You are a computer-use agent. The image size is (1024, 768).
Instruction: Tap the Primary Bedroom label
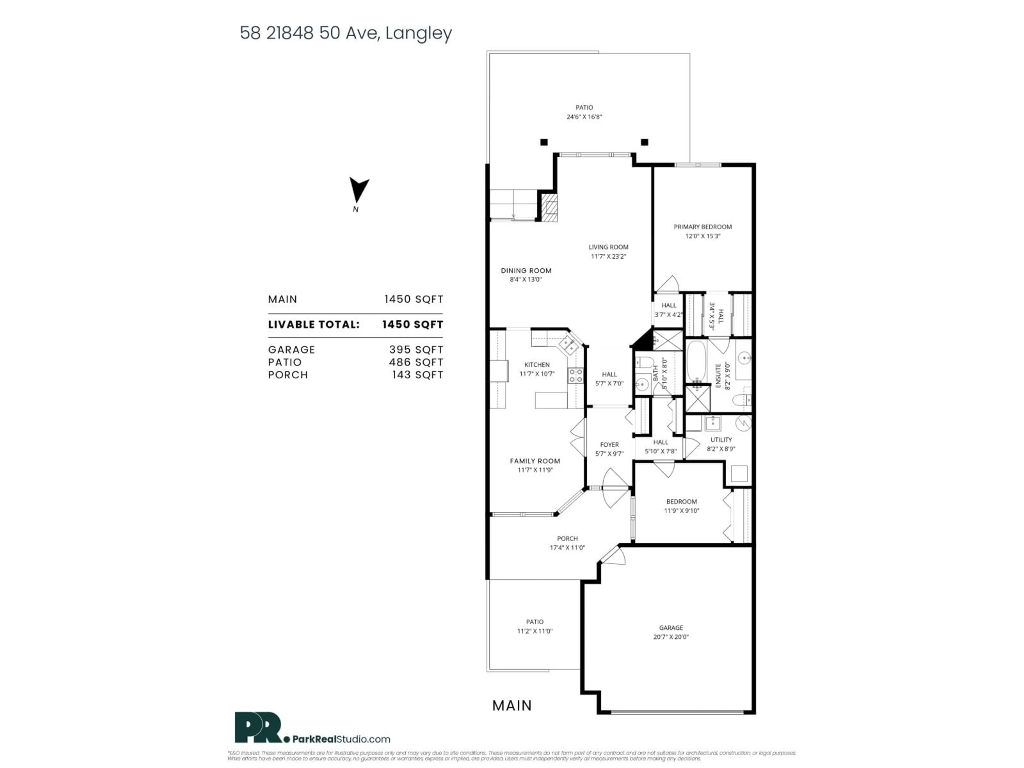pos(702,227)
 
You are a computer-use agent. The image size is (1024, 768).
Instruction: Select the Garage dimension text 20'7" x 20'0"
pos(671,637)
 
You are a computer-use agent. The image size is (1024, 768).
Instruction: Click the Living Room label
pos(608,247)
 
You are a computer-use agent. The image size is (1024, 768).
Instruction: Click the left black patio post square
pos(544,142)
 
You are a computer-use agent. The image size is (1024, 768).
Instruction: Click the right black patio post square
pos(644,142)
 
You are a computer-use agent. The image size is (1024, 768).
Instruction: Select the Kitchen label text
pos(537,365)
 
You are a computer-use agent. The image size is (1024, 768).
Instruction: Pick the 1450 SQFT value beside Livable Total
pos(413,325)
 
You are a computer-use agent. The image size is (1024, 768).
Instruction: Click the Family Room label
pos(535,461)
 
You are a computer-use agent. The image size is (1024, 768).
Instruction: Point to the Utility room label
pos(721,440)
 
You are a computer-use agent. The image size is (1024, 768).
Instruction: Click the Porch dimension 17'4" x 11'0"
pos(567,548)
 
